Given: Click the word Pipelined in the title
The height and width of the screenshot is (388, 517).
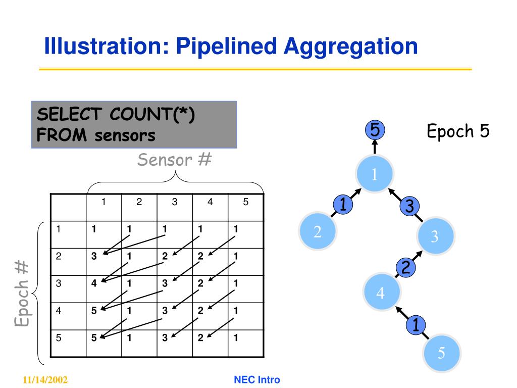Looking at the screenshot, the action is [x=227, y=46].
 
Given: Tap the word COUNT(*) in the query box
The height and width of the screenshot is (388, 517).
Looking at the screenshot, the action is [x=152, y=114].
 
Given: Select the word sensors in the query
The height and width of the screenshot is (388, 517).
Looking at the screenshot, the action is [x=125, y=135].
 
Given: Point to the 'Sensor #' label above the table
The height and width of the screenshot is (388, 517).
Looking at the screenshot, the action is [x=174, y=160].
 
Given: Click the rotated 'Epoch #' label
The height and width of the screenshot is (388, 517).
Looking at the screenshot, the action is [x=22, y=294].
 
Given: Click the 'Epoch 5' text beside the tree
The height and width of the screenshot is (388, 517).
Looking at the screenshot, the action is [x=458, y=131].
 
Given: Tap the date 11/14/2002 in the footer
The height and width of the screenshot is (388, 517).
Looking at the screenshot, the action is [x=45, y=380].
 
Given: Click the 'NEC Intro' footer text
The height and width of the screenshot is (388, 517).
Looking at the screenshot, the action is [x=257, y=380].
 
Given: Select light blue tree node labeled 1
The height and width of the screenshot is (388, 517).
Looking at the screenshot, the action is [x=375, y=174].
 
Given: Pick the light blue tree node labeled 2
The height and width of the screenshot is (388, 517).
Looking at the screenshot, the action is [x=318, y=231].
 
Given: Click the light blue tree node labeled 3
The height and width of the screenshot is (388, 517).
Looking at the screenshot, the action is [x=435, y=236].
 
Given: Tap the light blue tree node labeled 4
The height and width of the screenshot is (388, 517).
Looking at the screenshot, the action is [x=381, y=293].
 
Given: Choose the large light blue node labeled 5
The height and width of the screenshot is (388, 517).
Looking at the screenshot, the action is [x=441, y=353].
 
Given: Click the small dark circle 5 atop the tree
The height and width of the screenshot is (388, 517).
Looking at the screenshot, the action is [x=375, y=130].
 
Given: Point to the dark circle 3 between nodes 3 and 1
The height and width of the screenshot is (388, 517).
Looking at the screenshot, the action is [x=409, y=206].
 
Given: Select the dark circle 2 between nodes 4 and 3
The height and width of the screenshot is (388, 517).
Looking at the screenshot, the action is [x=405, y=267].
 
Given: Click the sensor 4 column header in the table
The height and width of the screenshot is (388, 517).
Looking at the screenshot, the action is [x=210, y=202].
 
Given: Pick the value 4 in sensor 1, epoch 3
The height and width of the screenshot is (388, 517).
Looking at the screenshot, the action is [x=94, y=283].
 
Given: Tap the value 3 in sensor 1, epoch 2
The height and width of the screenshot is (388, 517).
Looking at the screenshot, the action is [x=94, y=256].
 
